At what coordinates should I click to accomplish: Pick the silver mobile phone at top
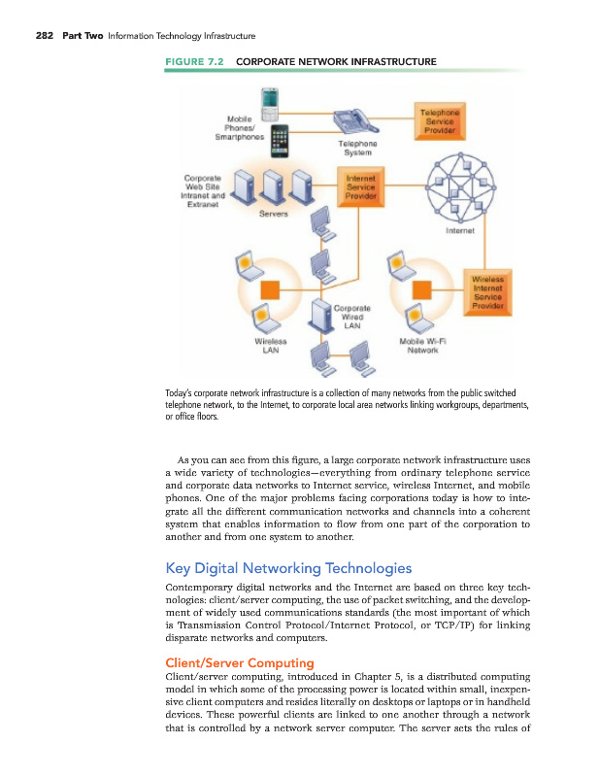pyautogui.click(x=269, y=101)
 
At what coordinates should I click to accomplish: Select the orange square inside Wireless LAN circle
pyautogui.click(x=270, y=289)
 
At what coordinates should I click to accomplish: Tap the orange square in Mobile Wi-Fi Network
pyautogui.click(x=420, y=289)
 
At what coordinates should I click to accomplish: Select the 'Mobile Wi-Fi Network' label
pyautogui.click(x=421, y=346)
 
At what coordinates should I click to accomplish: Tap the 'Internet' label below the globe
pyautogui.click(x=459, y=231)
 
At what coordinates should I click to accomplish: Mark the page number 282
pyautogui.click(x=44, y=36)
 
